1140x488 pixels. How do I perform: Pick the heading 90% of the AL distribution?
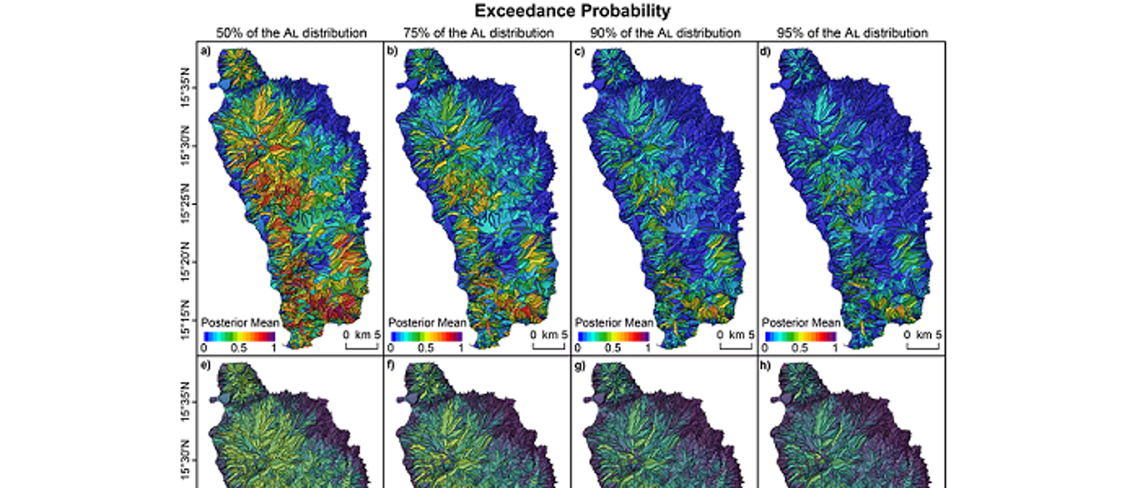coord(664,33)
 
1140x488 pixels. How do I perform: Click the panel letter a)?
coord(206,52)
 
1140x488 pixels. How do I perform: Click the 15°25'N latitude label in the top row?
coord(187,210)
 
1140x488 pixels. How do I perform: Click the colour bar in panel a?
coord(239,335)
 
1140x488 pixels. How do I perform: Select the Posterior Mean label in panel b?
coord(427,322)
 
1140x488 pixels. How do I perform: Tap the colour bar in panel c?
coord(613,335)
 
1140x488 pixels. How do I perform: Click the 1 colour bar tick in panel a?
coord(274,346)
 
